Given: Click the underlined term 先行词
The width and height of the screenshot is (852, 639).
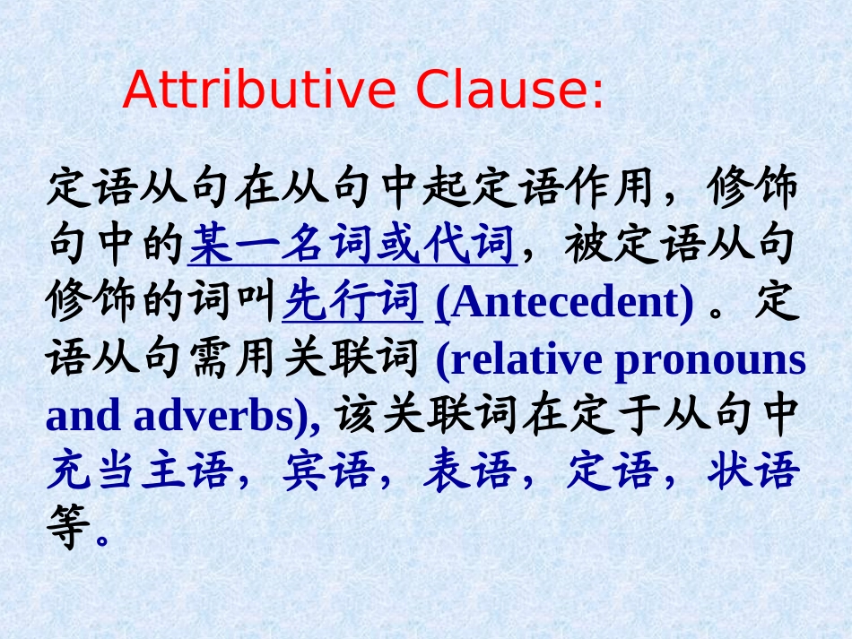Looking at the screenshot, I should (352, 304).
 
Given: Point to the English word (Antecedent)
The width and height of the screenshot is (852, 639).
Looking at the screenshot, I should (565, 304).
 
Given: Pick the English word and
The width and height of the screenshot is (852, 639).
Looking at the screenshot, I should (83, 417).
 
